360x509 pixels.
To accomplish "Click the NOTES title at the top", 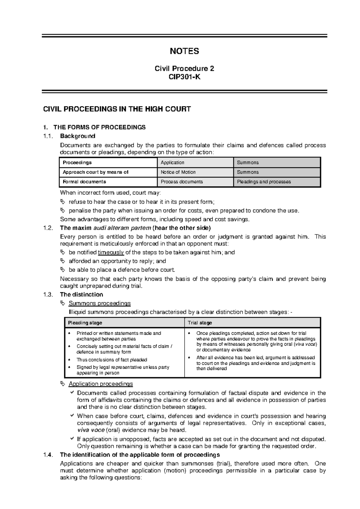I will click(184, 51).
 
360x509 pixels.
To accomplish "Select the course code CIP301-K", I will click(184, 77).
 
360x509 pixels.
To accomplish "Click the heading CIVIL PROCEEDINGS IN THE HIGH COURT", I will click(117, 109).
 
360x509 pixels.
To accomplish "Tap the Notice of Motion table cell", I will click(178, 172).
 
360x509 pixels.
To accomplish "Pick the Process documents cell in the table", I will click(181, 182).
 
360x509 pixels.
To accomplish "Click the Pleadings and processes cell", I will click(264, 182).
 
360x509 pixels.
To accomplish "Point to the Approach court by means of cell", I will click(95, 172).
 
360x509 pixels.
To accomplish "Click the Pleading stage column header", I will click(85, 323).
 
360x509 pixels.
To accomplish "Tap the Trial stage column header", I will click(200, 323).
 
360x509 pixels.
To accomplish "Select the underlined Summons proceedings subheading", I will click(100, 303).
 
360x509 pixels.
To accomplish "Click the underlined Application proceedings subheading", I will click(100, 384).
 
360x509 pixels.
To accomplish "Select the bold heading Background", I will click(77, 136).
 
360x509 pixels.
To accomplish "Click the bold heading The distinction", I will click(81, 294).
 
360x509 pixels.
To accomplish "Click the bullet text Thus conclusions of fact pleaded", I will click(112, 360).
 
